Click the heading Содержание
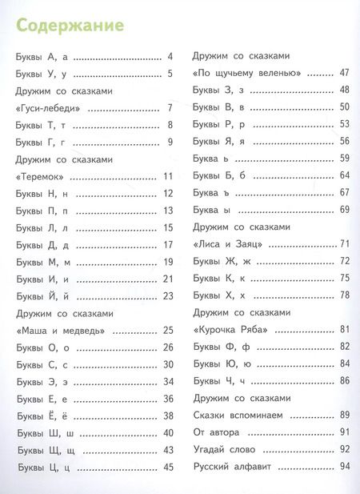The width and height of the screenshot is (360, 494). coord(70,26)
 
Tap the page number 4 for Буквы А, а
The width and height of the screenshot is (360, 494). coord(170,57)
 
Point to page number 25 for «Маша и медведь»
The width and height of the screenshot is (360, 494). coord(168,330)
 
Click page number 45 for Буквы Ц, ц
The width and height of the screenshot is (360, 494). coord(168,467)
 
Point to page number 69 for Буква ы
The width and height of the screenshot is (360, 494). coord(345,209)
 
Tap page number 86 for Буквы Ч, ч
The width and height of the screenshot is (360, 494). coord(345,380)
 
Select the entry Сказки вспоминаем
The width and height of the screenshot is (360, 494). coord(240,415)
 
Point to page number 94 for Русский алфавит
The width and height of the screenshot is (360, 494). coord(345,467)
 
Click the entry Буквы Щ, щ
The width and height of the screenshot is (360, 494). coord(46,449)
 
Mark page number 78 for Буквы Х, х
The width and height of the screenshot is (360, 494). coord(345,295)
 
